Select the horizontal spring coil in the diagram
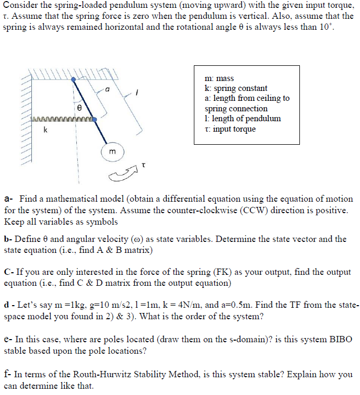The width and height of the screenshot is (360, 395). coord(62,120)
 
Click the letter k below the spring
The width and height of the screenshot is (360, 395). coord(45,130)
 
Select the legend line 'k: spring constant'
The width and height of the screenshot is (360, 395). coord(236,88)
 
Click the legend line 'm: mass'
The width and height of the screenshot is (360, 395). coord(220,78)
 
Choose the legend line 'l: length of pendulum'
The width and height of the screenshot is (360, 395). coord(242,118)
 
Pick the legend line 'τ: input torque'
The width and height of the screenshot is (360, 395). coord(230,129)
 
